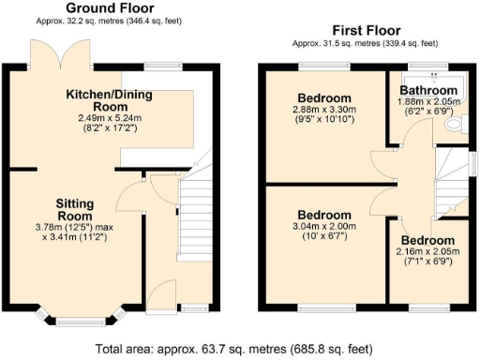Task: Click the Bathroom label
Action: [420, 91]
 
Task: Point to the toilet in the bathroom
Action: [456, 123]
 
